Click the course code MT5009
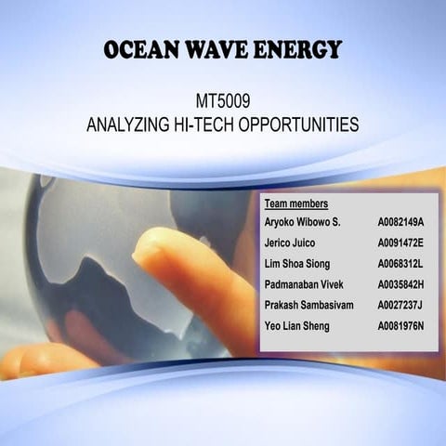(223, 99)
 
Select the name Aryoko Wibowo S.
(303, 223)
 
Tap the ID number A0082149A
(400, 223)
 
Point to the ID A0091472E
(400, 243)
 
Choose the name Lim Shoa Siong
(297, 264)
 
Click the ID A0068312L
(400, 264)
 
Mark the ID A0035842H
(400, 284)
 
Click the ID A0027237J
(400, 305)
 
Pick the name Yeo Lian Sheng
(296, 325)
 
